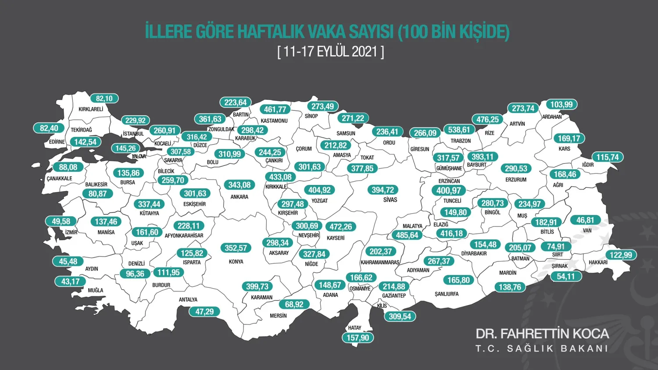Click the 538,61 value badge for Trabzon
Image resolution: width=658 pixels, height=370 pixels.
459,130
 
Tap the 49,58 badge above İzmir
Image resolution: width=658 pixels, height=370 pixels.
61,221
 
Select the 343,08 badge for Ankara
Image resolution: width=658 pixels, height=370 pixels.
239,185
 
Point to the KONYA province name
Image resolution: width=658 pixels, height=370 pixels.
236,262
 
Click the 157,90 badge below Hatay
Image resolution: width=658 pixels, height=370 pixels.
358,338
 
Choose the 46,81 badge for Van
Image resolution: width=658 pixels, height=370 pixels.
585,220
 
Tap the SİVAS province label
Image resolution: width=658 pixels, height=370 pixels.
390,200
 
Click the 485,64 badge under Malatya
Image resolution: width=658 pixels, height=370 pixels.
407,235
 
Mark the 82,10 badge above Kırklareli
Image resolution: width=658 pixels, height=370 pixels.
104,99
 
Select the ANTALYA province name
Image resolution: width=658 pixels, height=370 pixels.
188,300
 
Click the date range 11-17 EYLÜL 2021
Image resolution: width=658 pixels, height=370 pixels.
331,52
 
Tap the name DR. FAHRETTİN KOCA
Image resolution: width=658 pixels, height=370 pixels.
542,334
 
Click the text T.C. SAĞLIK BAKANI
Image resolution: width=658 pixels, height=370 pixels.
542,349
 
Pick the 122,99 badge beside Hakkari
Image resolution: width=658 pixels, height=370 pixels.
621,255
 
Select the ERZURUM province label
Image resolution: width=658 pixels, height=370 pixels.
516,180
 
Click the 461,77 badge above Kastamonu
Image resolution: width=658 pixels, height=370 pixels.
275,110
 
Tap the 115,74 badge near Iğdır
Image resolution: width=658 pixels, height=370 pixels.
607,157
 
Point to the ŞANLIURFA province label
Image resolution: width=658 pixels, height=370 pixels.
447,294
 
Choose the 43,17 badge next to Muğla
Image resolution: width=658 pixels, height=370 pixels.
70,281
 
